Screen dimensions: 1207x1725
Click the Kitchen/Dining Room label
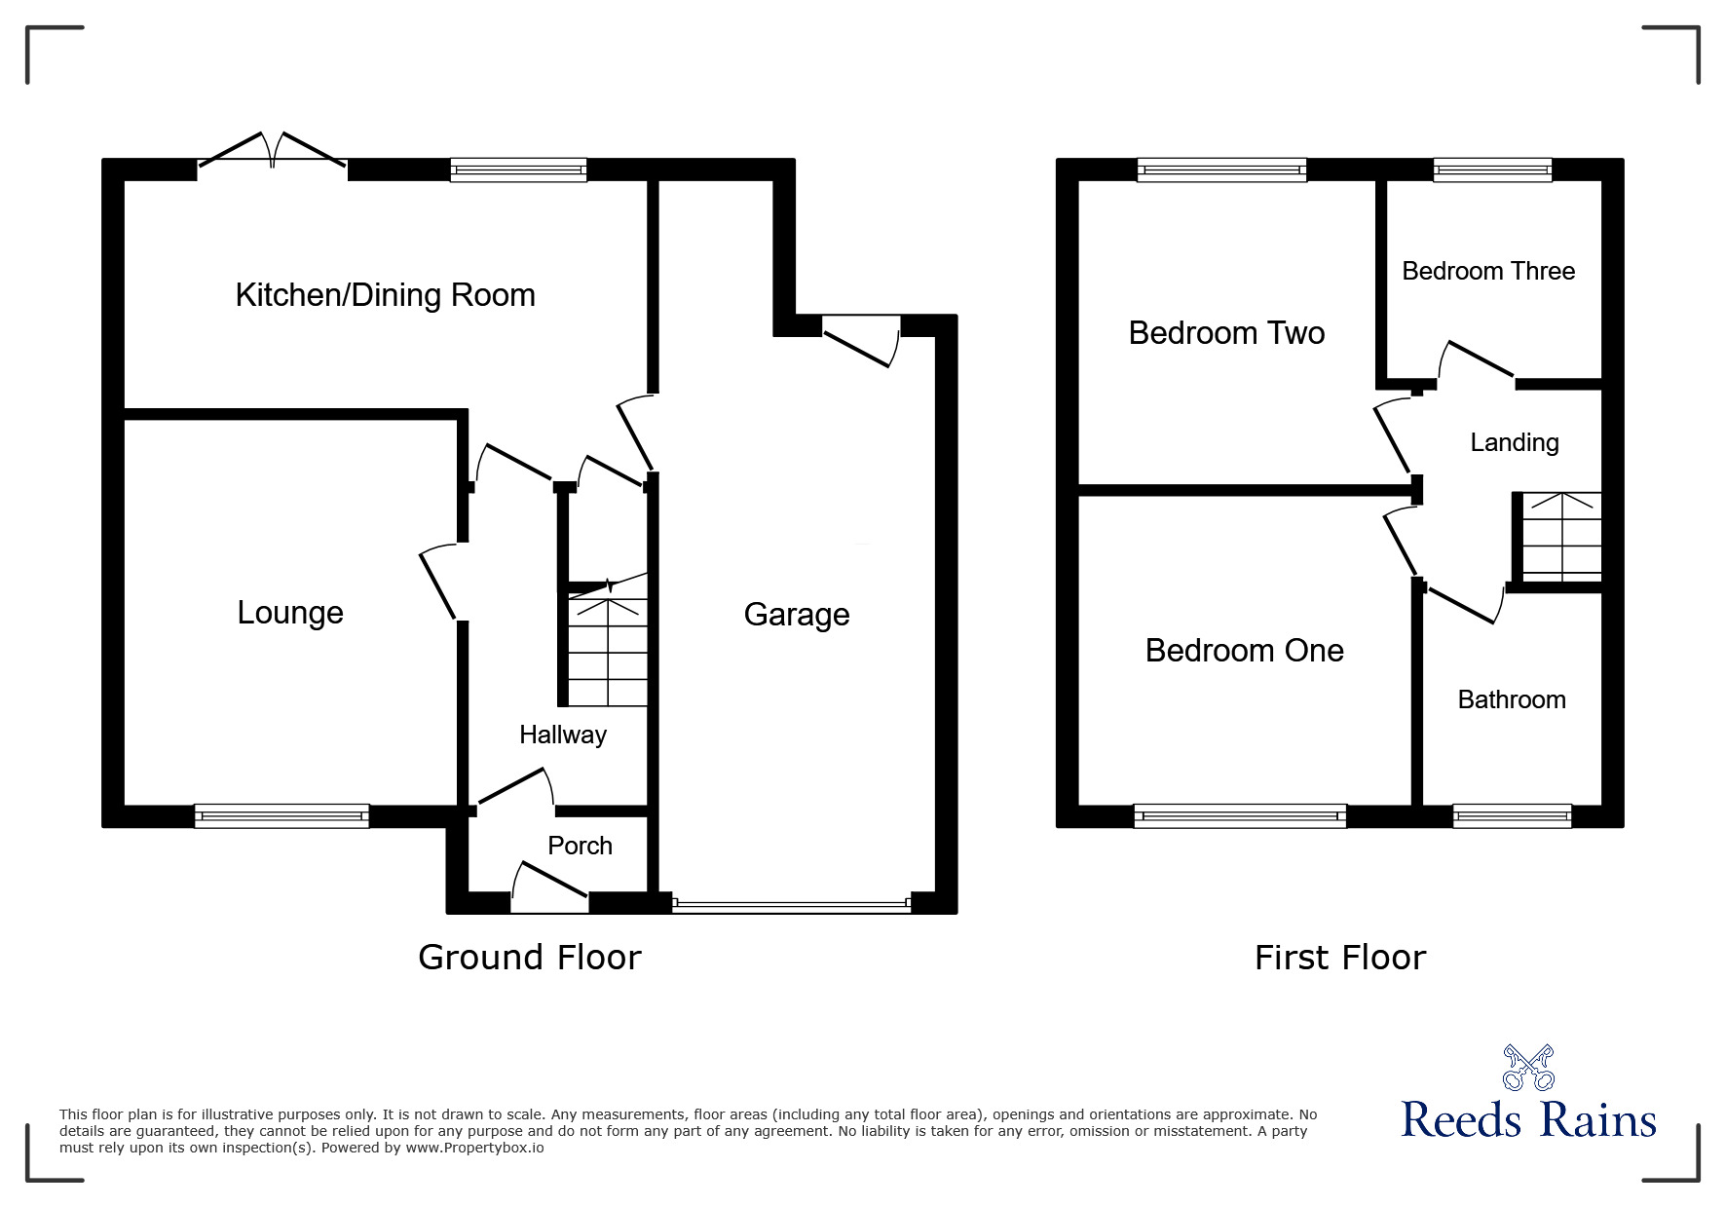point(385,295)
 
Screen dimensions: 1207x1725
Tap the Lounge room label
point(290,613)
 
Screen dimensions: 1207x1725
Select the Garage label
point(796,615)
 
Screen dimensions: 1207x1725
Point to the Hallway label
point(562,735)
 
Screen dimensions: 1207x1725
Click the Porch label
point(580,846)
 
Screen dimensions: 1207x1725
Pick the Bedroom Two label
point(1226,333)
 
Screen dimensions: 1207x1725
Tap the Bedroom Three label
point(1488,271)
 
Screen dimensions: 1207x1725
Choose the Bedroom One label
point(1244,651)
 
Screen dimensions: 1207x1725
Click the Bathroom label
point(1512,699)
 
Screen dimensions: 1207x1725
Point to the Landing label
point(1514,442)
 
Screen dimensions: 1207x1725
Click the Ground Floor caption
point(529,958)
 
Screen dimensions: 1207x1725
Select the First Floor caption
point(1339,958)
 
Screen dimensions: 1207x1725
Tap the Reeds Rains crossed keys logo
point(1528,1068)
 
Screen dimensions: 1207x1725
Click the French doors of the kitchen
point(273,156)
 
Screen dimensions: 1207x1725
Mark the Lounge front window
point(281,815)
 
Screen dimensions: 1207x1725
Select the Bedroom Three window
point(1492,170)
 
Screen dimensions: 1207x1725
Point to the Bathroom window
point(1512,815)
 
